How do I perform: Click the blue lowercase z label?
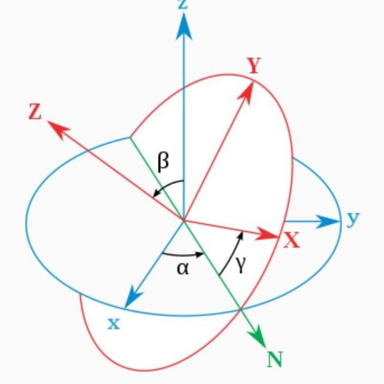click(x=183, y=4)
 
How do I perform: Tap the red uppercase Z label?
click(x=35, y=112)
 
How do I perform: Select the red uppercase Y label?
click(x=254, y=65)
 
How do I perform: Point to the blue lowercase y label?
click(x=353, y=219)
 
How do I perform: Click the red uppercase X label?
click(x=292, y=240)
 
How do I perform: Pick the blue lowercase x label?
click(x=114, y=323)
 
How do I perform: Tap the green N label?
click(x=275, y=359)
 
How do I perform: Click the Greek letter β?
click(x=163, y=161)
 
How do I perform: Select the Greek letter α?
click(x=182, y=269)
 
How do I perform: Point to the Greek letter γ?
click(x=241, y=265)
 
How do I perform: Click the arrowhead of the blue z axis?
click(x=184, y=26)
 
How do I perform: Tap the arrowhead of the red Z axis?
click(x=59, y=130)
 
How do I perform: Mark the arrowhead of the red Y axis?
click(x=246, y=92)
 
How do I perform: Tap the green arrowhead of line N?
click(x=257, y=338)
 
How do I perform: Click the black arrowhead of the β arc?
click(x=157, y=193)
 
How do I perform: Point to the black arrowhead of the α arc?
click(x=200, y=254)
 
